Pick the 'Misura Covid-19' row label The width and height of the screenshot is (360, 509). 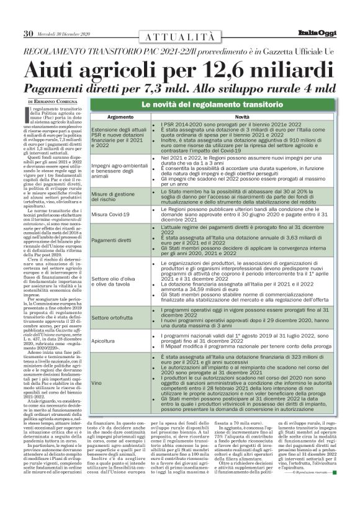pyautogui.click(x=114, y=214)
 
